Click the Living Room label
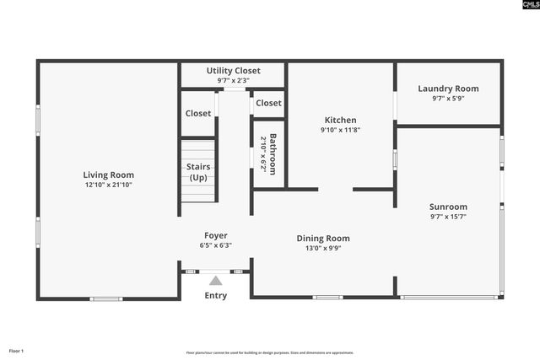pos(108,175)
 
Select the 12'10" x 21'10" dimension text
pos(108,185)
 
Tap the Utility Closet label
pos(234,71)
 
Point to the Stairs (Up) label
pos(198,172)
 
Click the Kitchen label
pos(340,121)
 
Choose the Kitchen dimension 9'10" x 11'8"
pos(340,131)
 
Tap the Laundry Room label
pos(449,89)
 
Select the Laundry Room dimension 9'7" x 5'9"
pos(449,99)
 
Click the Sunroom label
pos(448,207)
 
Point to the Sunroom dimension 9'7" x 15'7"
pos(448,217)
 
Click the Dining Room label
pos(322,239)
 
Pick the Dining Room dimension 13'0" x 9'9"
pos(322,249)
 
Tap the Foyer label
pos(216,235)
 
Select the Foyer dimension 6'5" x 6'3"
pos(216,245)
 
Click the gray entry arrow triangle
pos(216,281)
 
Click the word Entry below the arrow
pos(216,296)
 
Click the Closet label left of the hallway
pos(198,113)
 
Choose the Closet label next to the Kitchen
pos(268,103)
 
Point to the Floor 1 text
pos(17,351)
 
